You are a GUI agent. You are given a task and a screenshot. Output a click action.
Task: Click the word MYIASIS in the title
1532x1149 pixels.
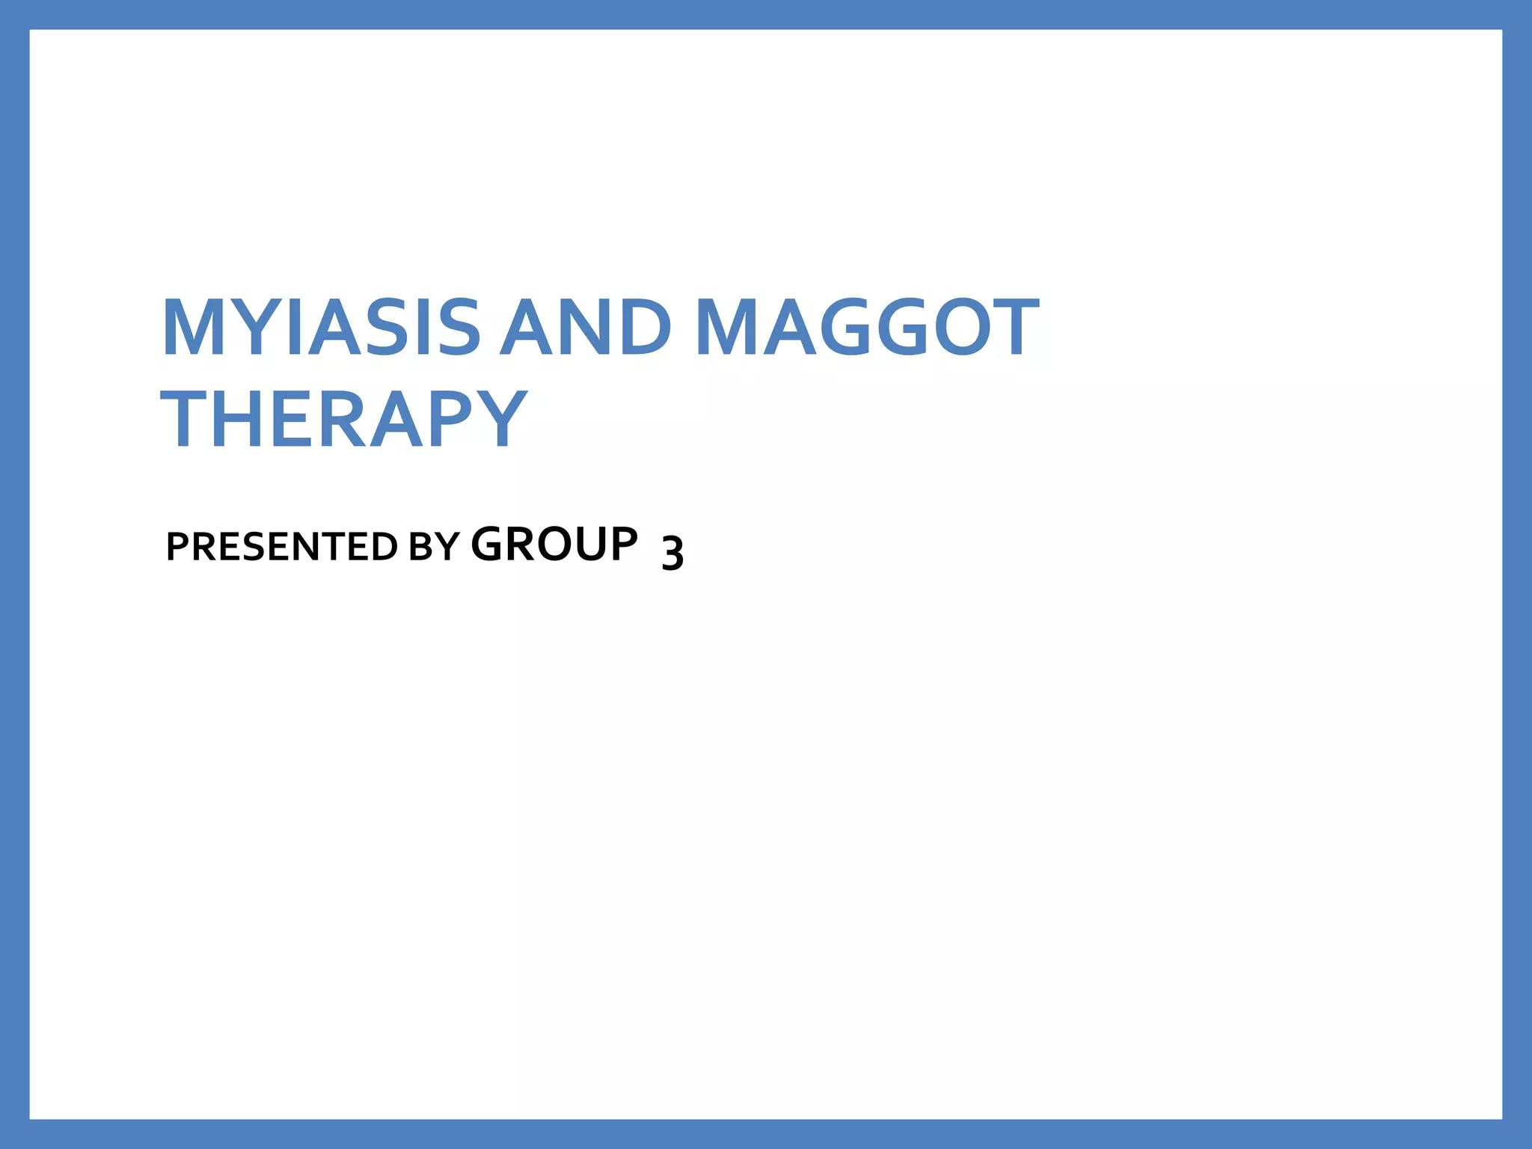pos(320,328)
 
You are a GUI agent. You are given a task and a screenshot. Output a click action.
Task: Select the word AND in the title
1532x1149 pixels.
pos(586,328)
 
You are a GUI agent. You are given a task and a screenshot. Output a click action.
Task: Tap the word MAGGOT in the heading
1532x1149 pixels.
pos(867,328)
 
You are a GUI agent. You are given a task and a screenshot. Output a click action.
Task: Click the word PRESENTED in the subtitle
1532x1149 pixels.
pos(281,547)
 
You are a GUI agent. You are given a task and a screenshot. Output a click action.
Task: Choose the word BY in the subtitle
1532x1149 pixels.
pos(434,547)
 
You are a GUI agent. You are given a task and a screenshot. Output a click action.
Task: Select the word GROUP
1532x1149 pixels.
pos(554,544)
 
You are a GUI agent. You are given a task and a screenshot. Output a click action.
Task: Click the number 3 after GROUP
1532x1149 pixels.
pos(672,553)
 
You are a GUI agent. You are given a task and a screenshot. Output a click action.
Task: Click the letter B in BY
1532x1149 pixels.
pos(421,547)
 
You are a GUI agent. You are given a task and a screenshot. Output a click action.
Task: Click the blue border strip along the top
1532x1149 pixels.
pos(766,14)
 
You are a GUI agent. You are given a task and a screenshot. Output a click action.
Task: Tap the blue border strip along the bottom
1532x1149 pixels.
pos(766,1134)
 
